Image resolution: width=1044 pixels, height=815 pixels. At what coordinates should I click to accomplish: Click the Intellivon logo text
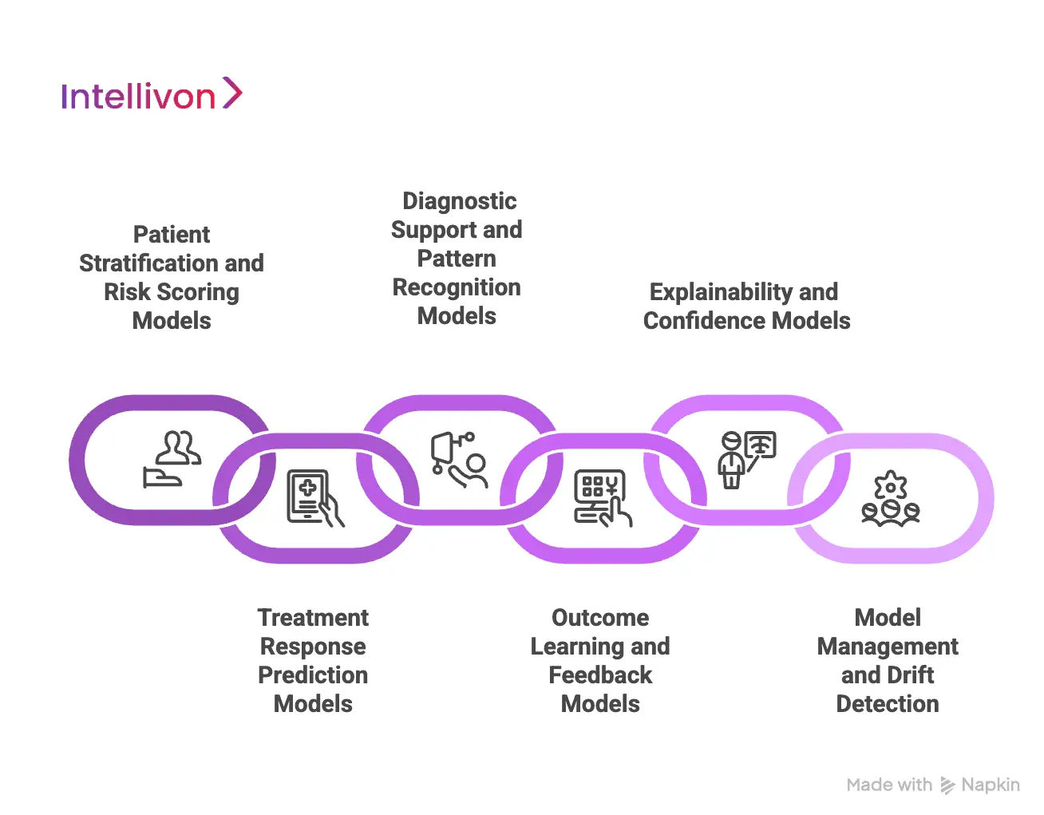(138, 97)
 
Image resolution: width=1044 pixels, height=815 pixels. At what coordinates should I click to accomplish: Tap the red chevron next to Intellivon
(231, 93)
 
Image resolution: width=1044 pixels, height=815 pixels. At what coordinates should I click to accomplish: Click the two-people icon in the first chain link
(172, 459)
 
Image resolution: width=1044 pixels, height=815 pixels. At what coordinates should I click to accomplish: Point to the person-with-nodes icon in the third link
(460, 460)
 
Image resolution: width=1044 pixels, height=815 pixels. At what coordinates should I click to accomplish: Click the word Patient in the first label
(172, 235)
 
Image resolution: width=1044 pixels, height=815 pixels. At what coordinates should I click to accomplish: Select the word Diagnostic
(459, 201)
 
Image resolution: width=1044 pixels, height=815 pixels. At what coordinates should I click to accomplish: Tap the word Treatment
(313, 618)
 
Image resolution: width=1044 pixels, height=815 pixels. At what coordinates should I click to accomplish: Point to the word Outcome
(600, 618)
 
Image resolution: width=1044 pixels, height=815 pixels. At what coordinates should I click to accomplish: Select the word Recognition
(457, 287)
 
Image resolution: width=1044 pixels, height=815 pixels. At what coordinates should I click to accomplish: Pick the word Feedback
(600, 675)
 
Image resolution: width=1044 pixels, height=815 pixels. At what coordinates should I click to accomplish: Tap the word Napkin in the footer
(991, 785)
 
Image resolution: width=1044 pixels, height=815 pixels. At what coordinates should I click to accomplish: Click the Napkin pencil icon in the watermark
(947, 785)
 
